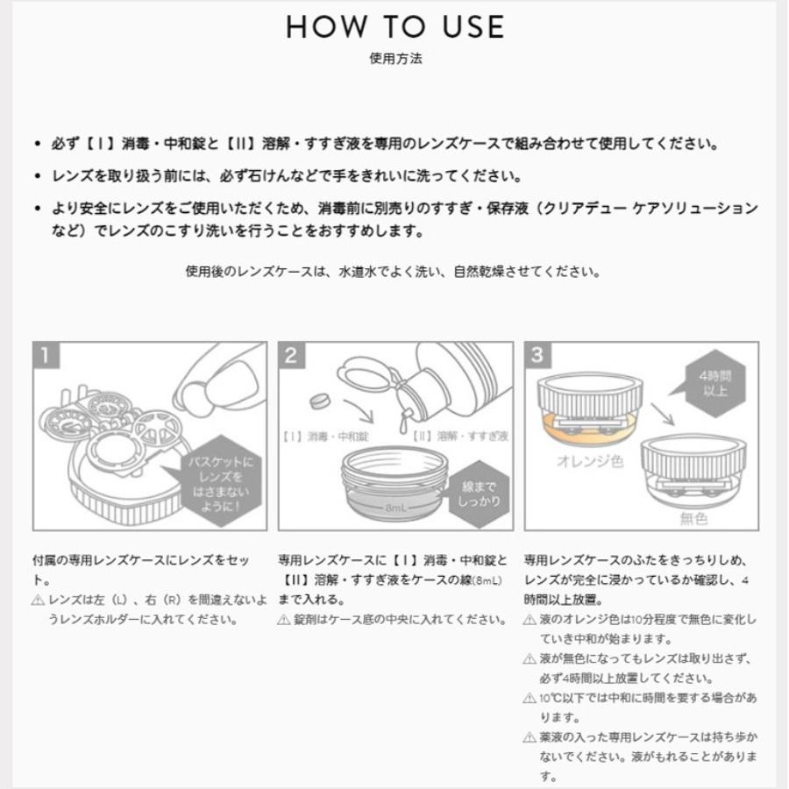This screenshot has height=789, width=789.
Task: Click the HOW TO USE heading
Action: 395,26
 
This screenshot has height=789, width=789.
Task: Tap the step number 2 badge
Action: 292,355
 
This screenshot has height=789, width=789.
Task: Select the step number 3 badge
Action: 537,355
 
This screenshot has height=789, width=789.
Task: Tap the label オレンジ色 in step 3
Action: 589,460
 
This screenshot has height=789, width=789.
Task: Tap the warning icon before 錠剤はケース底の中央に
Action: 283,620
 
